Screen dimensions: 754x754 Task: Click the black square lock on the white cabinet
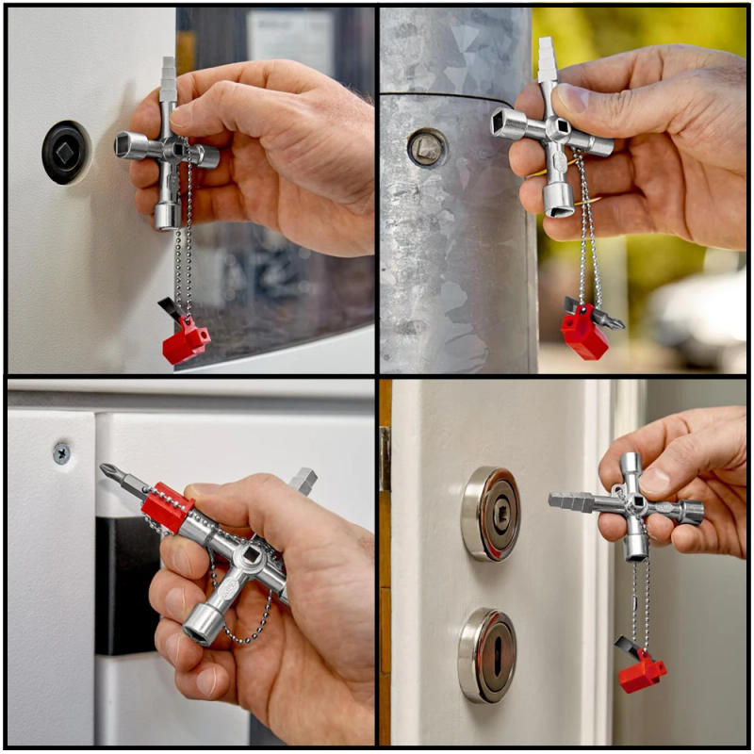pos(65,152)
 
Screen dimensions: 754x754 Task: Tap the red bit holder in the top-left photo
pos(186,340)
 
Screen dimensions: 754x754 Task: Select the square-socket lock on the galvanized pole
pos(427,147)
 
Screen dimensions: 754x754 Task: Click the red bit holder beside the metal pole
pos(585,331)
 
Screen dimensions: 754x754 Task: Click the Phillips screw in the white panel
pos(61,453)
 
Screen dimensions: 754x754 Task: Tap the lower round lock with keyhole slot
pos(488,655)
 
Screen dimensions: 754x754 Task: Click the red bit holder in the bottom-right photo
pos(642,671)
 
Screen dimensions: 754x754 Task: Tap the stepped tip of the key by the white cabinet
pos(168,76)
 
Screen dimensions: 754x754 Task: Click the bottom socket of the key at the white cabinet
pos(168,215)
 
